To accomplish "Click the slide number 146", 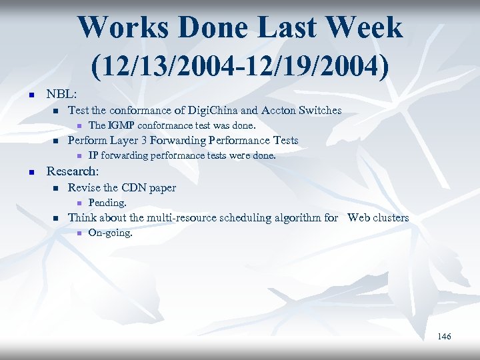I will tap(444, 337).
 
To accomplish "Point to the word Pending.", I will tap(107, 203).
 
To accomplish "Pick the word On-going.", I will tap(111, 233).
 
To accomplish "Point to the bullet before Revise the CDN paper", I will tap(55, 189).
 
